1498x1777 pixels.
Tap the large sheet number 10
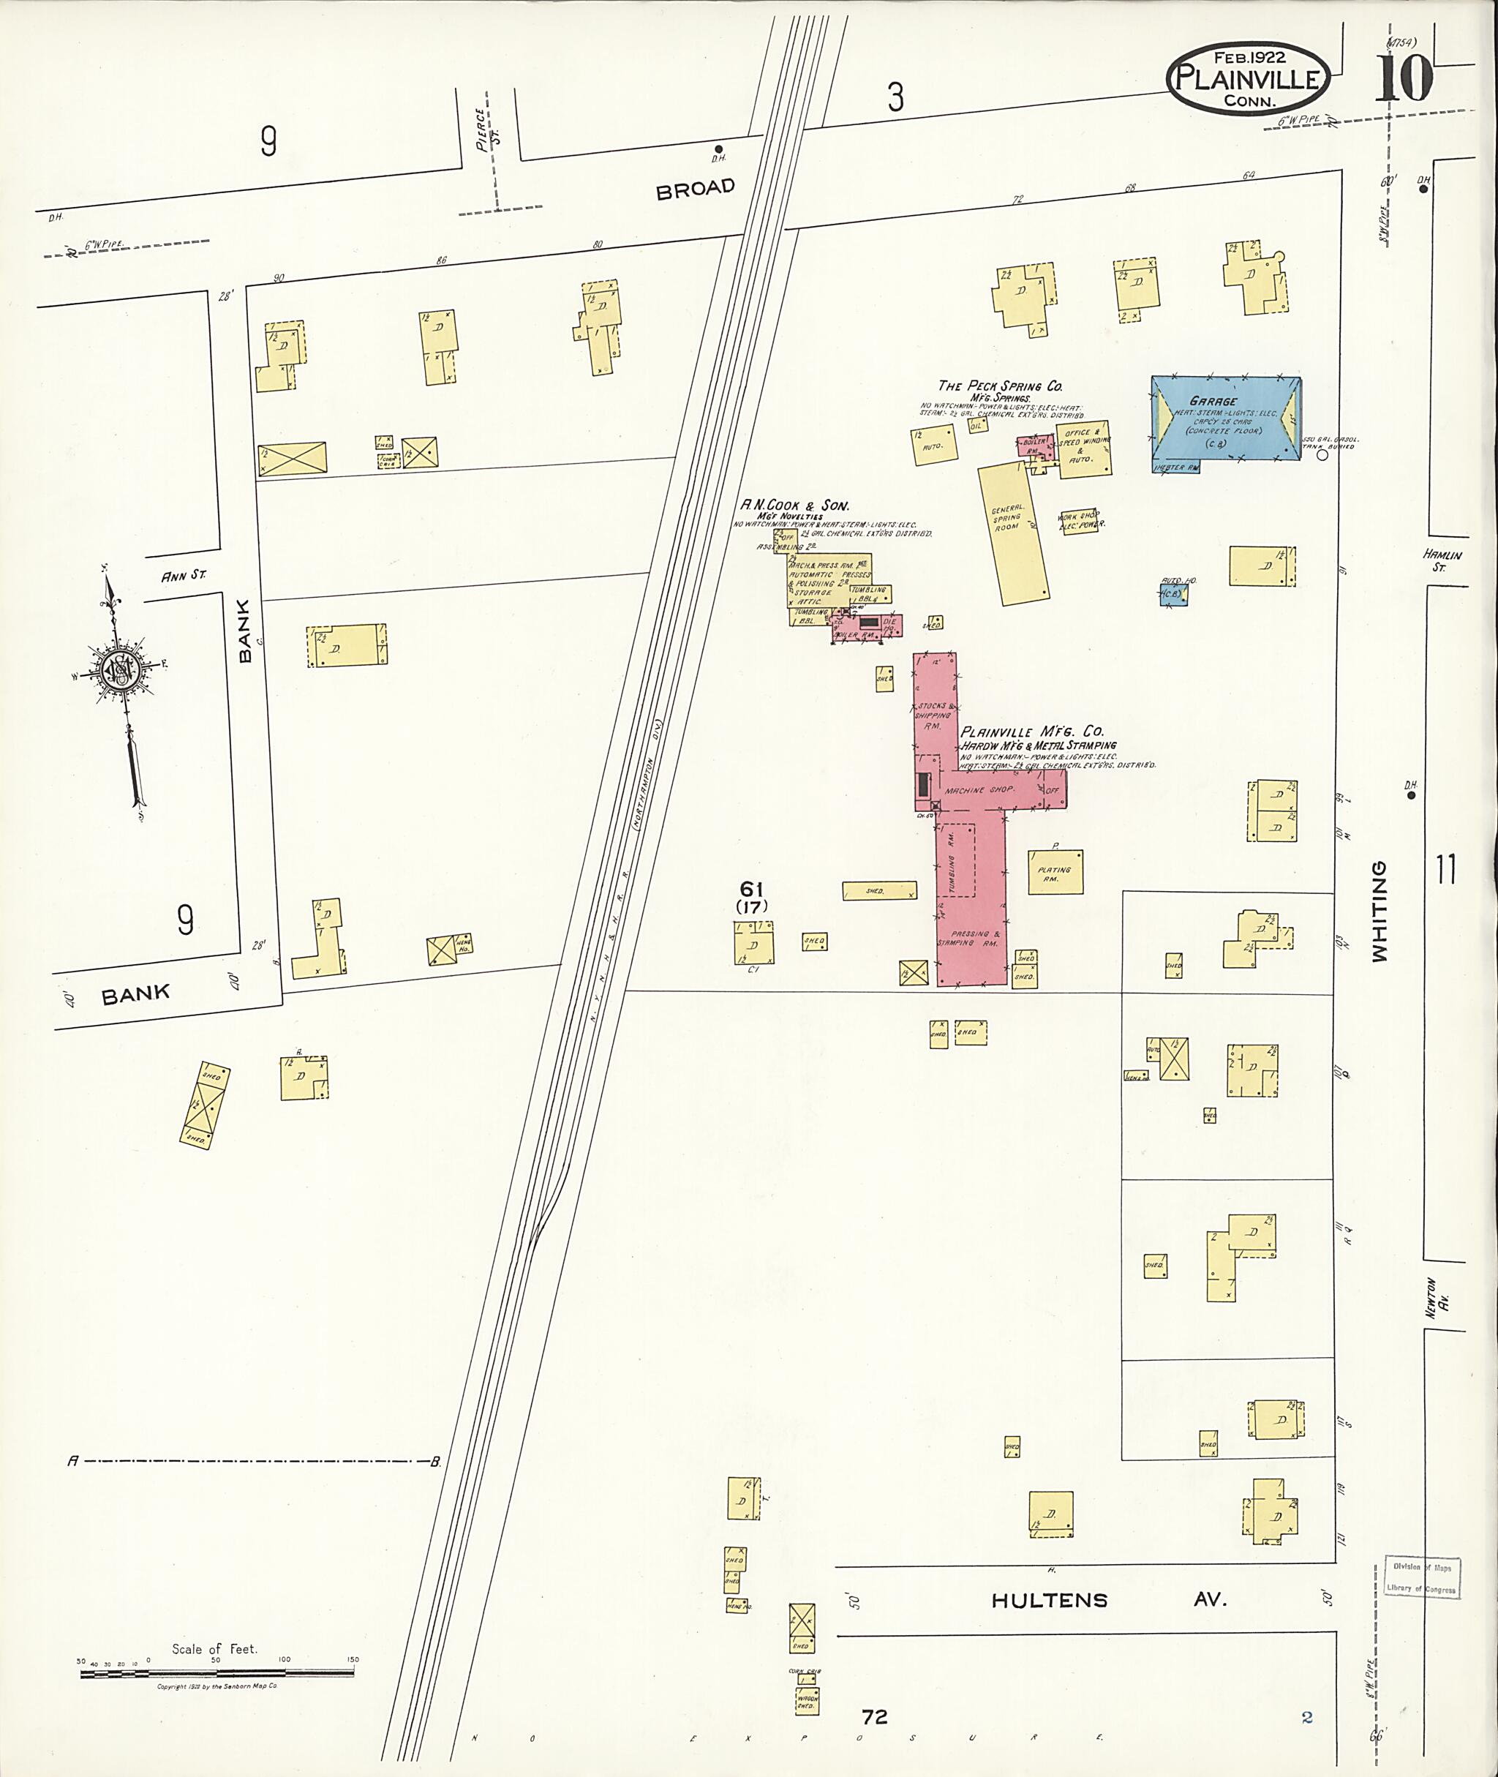1404,78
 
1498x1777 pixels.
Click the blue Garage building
1224,418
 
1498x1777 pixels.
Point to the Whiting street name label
1379,912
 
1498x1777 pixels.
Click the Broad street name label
695,189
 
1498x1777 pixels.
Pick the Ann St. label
184,575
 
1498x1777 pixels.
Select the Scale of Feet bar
217,1673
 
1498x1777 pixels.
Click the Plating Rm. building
1055,872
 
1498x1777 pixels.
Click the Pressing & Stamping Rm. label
969,939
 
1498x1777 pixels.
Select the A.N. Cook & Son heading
794,506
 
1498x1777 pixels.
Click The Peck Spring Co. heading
999,386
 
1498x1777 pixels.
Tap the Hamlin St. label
1443,560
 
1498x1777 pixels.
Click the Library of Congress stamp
1420,1578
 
